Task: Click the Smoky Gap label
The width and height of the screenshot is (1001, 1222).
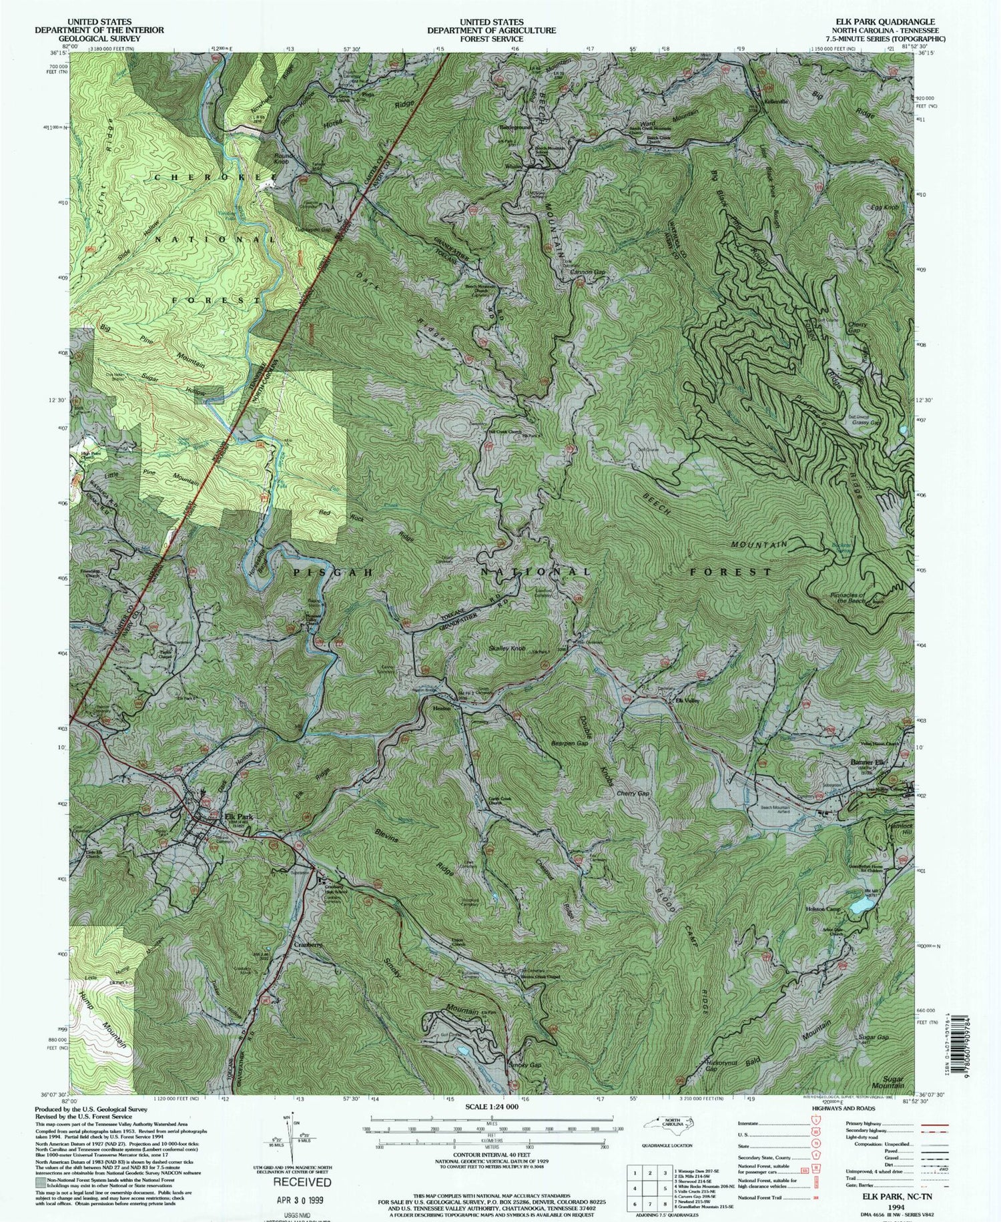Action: point(525,1064)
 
